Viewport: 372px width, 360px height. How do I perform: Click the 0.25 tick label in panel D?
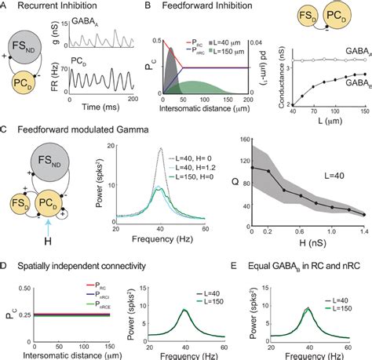click(16, 315)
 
